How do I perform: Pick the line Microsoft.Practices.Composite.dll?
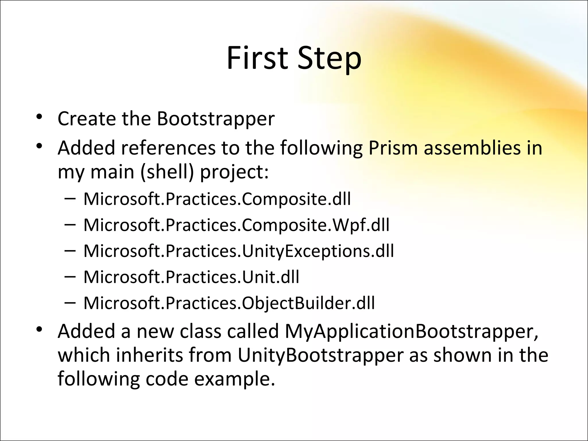tap(217, 199)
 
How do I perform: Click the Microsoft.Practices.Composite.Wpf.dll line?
tap(236, 225)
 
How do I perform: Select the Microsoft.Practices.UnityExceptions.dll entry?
tap(239, 251)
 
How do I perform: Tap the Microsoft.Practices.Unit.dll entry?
tap(191, 277)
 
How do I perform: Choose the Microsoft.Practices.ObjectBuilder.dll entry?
tap(229, 303)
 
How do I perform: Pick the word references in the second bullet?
tap(168, 148)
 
